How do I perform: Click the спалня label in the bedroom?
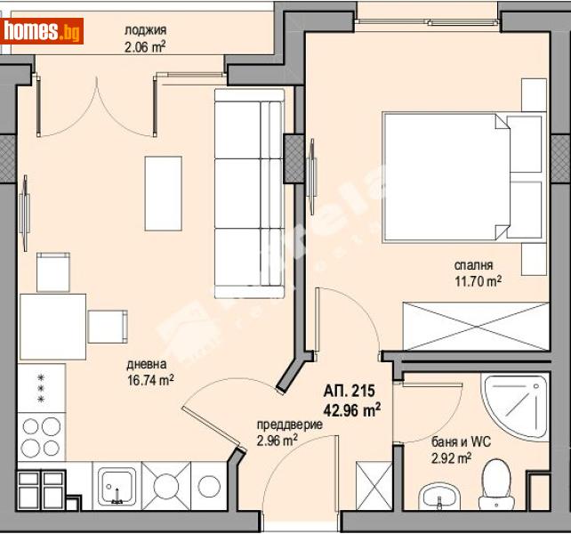click(x=473, y=264)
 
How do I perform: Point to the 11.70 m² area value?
click(x=477, y=280)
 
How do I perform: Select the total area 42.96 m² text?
click(x=352, y=409)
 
